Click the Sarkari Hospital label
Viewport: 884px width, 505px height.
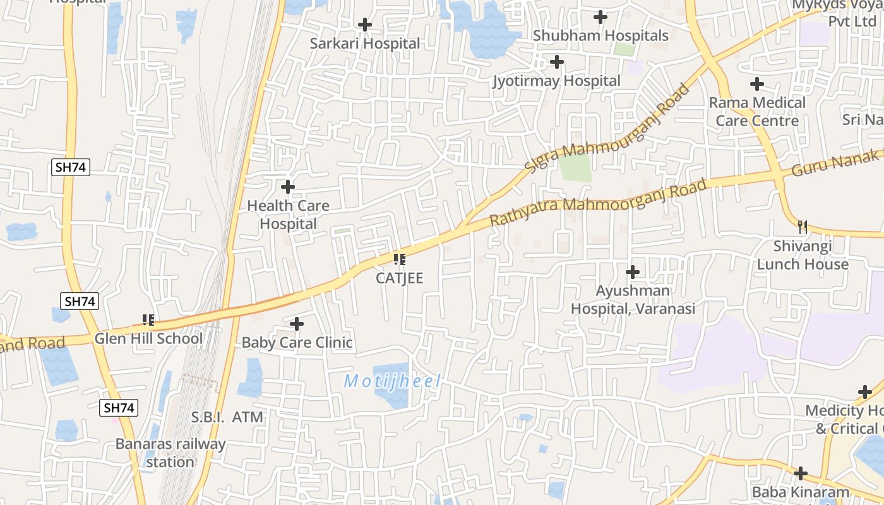click(364, 44)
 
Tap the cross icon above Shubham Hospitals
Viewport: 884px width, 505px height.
click(600, 17)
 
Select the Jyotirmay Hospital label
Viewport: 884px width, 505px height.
click(556, 81)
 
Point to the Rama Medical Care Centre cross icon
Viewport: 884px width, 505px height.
click(756, 83)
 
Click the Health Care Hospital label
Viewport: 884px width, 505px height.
click(288, 215)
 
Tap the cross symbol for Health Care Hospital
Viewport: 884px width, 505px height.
click(288, 187)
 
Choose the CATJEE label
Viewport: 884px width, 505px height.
click(399, 278)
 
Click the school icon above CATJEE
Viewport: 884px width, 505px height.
click(399, 259)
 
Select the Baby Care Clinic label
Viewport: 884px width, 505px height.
click(297, 343)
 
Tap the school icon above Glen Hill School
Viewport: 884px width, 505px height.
click(148, 320)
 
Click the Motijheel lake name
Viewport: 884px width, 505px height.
click(391, 381)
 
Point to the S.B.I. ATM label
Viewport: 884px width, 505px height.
click(227, 417)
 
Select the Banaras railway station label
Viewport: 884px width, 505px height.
click(170, 453)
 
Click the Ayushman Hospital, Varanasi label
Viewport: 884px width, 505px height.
click(633, 300)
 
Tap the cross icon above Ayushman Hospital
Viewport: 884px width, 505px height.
click(632, 272)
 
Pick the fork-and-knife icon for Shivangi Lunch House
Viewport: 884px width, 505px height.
click(803, 227)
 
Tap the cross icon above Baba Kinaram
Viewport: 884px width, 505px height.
click(800, 473)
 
